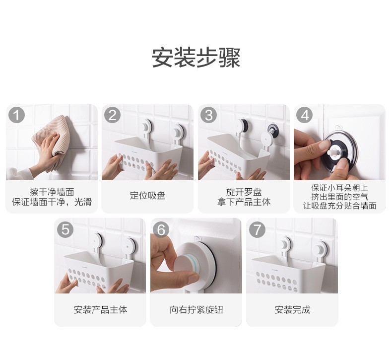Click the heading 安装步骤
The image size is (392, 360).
click(x=196, y=58)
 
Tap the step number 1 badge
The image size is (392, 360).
click(x=16, y=115)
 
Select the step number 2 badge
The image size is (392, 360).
click(x=112, y=115)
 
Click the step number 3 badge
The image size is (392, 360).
click(x=208, y=115)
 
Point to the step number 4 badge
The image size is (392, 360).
click(x=304, y=115)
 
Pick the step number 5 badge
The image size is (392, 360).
click(x=65, y=229)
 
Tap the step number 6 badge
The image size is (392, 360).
click(x=161, y=229)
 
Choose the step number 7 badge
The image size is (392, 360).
click(x=257, y=229)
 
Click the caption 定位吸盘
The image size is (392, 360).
click(x=147, y=195)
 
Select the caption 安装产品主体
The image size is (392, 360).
click(x=100, y=310)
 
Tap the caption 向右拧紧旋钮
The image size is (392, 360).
click(x=196, y=310)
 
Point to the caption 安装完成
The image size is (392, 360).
click(x=292, y=310)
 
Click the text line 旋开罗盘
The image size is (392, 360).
click(x=244, y=192)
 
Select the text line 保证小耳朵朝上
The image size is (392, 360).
click(x=340, y=188)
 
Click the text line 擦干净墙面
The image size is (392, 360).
click(x=52, y=192)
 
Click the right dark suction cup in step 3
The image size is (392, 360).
click(x=273, y=129)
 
